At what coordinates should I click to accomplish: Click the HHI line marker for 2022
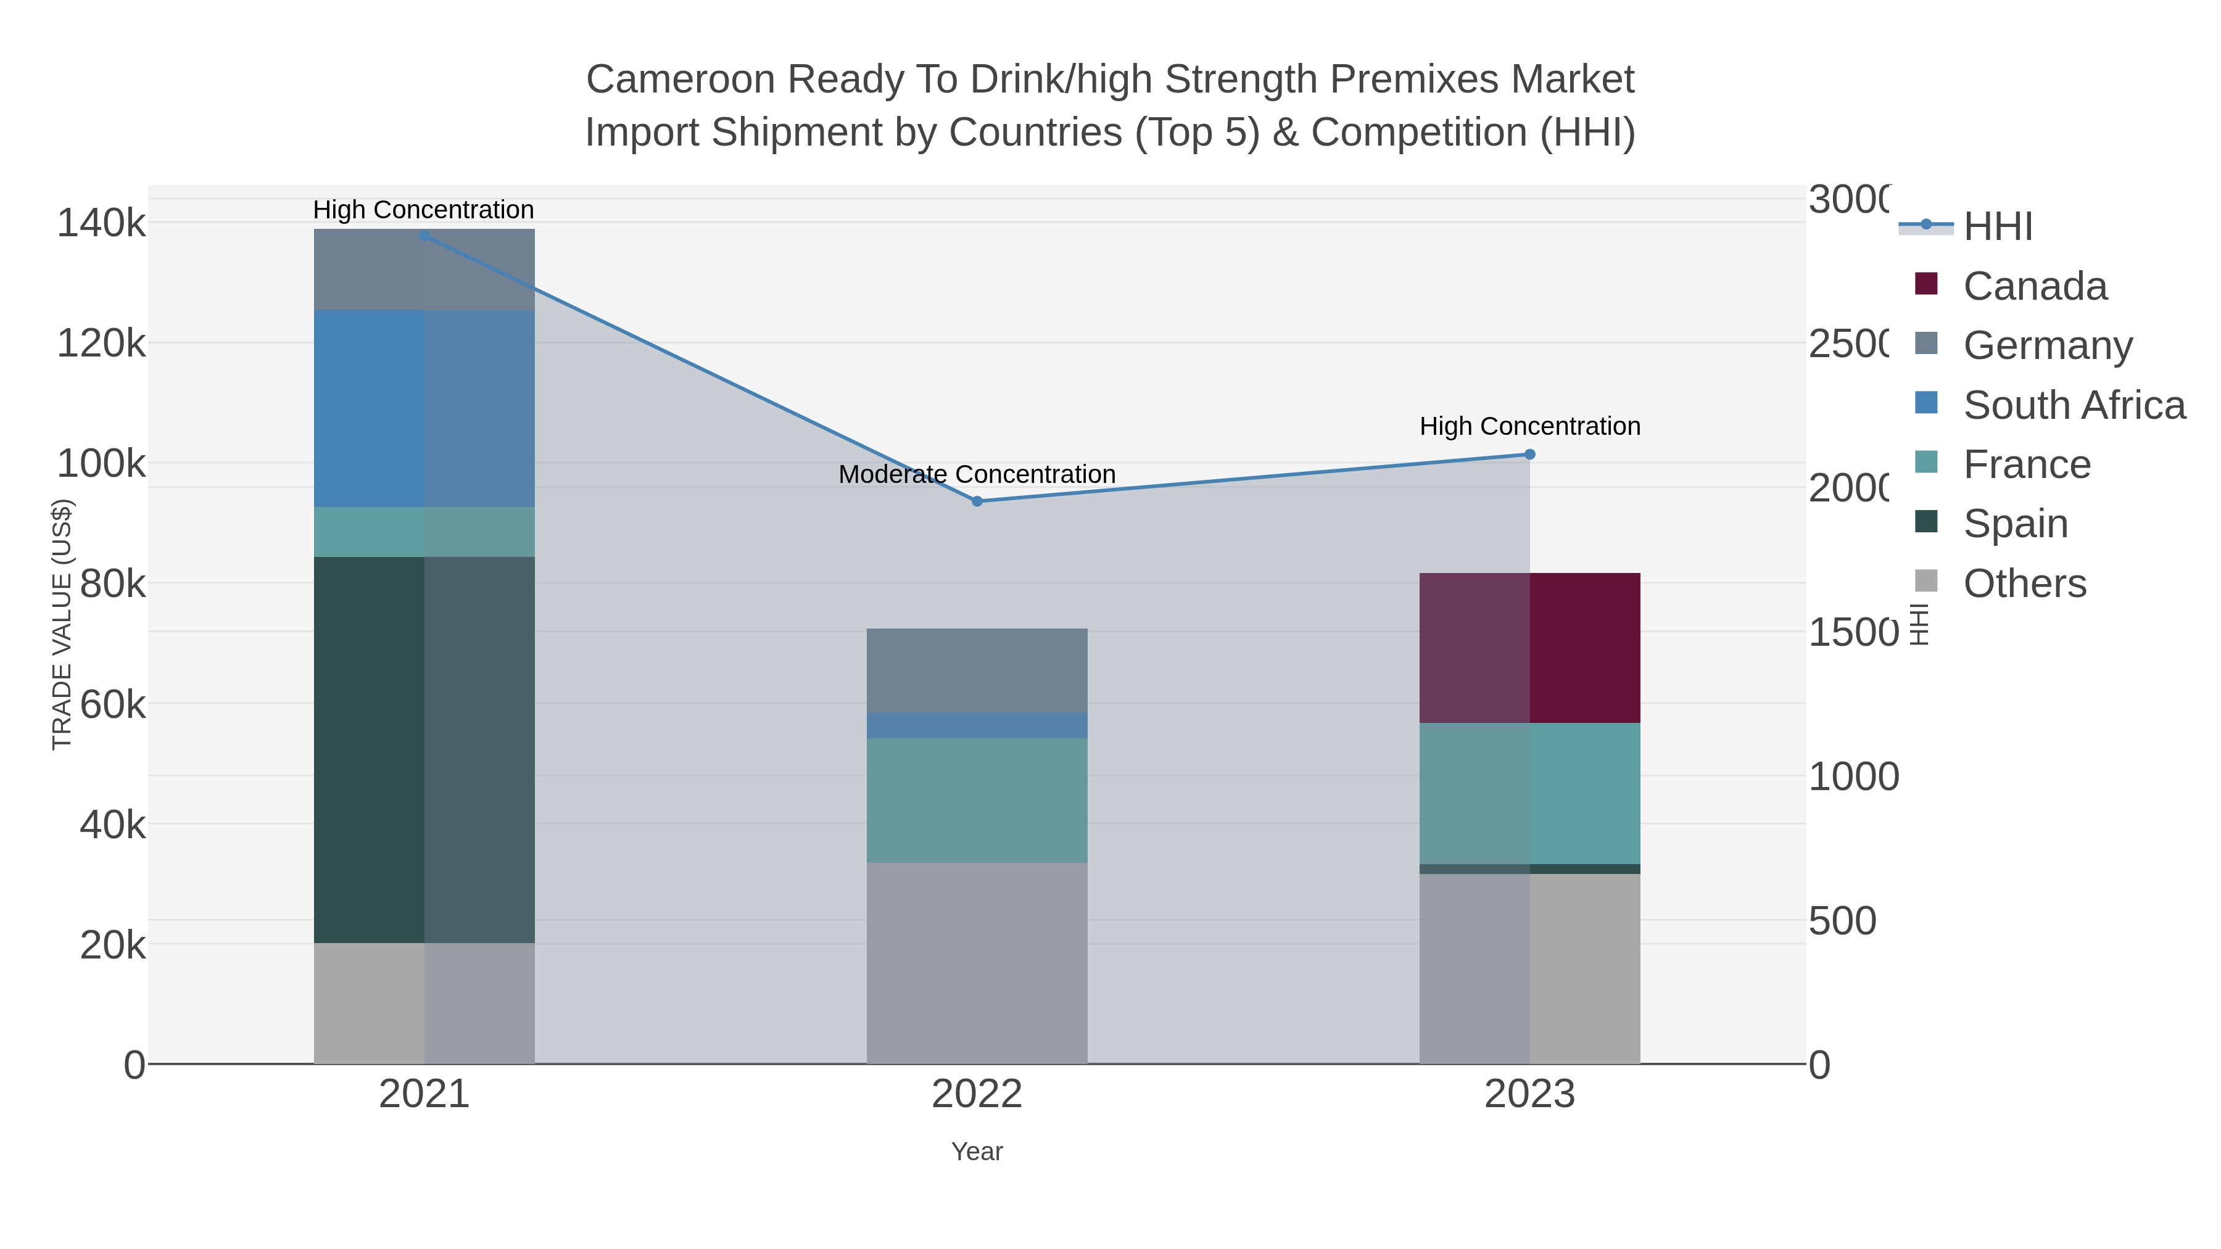click(977, 501)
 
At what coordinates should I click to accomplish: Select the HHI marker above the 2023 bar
click(1529, 454)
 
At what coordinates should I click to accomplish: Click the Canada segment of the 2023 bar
click(1529, 648)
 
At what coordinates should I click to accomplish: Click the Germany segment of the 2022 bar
click(977, 670)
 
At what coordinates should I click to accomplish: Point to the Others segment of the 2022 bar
click(977, 963)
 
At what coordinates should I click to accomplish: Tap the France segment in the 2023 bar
click(1529, 793)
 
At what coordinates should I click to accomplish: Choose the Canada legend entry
click(2034, 286)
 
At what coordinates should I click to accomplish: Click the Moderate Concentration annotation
click(977, 474)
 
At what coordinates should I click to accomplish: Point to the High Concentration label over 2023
click(1529, 426)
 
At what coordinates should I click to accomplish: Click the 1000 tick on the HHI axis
click(1853, 777)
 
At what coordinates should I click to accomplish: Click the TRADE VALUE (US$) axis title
click(62, 624)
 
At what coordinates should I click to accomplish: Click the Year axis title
click(977, 1152)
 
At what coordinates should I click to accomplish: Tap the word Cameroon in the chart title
click(680, 80)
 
